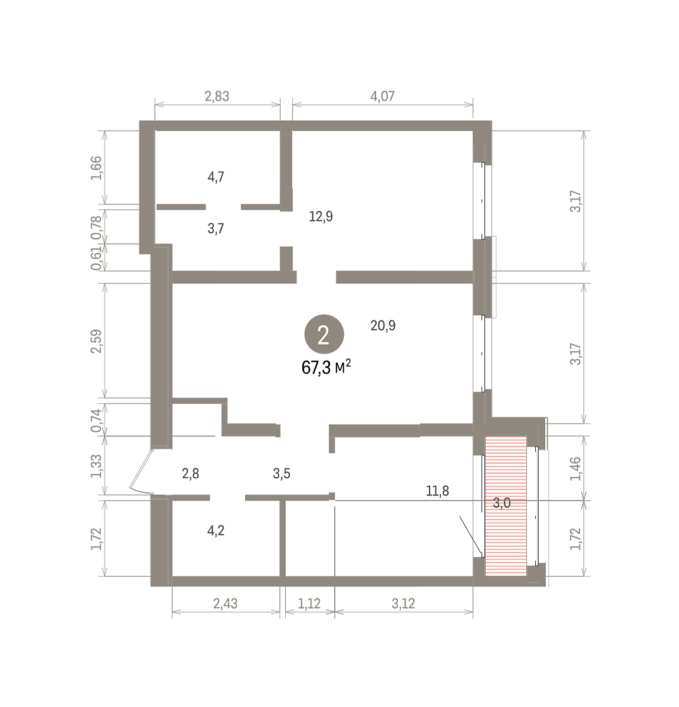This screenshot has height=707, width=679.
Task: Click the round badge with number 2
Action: [324, 334]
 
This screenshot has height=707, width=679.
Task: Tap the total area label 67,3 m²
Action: [326, 367]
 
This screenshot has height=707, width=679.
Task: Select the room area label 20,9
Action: [383, 326]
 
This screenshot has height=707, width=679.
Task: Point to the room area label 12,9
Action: [321, 217]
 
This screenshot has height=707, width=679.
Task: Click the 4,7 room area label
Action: [216, 177]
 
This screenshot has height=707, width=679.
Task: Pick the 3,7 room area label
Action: [216, 229]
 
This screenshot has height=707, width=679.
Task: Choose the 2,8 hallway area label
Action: [190, 474]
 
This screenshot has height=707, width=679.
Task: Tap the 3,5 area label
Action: [281, 474]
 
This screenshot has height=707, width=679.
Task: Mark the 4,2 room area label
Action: [216, 531]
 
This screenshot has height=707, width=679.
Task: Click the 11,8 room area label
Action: [437, 491]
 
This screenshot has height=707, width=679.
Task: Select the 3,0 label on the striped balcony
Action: [502, 503]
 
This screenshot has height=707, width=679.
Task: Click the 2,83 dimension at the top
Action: [217, 96]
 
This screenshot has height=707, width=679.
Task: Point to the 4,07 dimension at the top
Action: [383, 96]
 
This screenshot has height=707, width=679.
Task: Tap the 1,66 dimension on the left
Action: [97, 168]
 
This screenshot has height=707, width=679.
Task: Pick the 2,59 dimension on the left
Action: [97, 341]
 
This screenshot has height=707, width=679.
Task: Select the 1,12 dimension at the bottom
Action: [309, 603]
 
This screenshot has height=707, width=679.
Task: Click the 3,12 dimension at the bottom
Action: [403, 603]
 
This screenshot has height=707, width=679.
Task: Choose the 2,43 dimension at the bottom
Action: [225, 603]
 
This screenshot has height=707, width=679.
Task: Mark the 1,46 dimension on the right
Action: [576, 468]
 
